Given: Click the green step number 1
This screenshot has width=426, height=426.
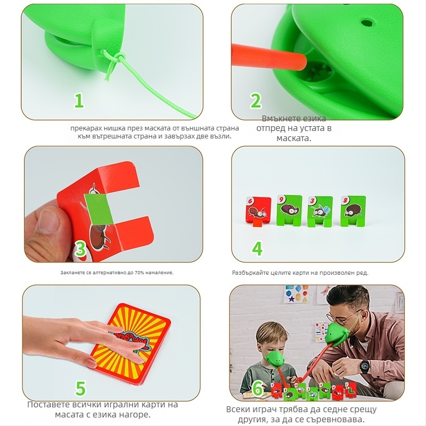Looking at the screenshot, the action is coord(79,101).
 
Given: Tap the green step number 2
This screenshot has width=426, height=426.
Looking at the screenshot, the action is coord(256,101).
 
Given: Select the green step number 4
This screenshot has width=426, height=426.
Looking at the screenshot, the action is coord(257,248).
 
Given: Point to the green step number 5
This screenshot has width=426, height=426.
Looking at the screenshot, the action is coord(80,388).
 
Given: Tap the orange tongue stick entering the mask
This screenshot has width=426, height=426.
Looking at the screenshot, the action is coord(269,56).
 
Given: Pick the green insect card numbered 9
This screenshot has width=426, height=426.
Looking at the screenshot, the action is coord(289,210).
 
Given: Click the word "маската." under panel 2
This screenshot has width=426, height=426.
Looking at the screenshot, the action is coord(294,138).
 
